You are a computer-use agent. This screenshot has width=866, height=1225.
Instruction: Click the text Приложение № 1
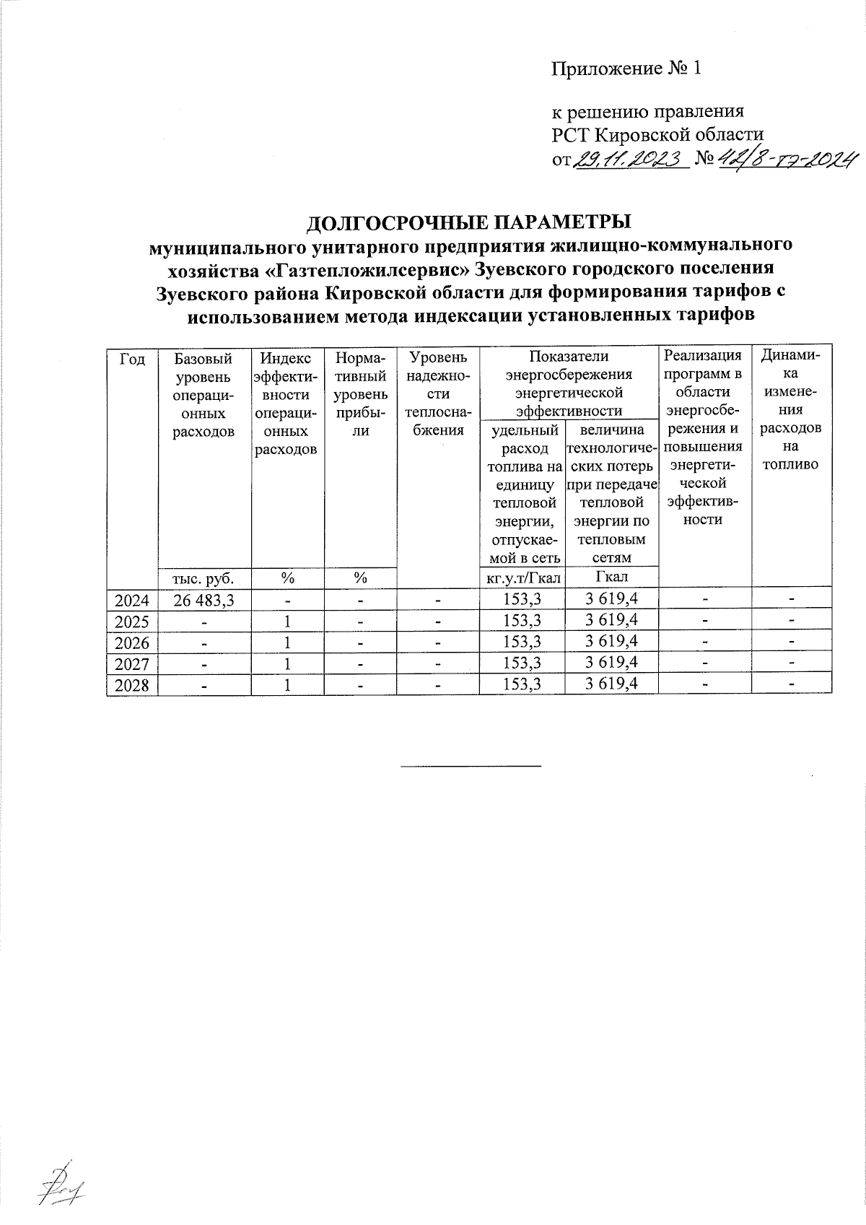(x=626, y=69)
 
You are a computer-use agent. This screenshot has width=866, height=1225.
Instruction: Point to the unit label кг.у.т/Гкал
(x=522, y=577)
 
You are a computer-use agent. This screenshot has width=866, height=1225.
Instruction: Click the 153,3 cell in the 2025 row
(x=522, y=620)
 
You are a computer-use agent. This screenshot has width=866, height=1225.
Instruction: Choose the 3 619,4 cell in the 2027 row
(x=612, y=663)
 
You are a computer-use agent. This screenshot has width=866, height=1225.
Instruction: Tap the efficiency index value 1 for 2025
(x=287, y=620)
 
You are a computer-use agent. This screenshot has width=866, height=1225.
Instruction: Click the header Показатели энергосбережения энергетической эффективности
(x=569, y=383)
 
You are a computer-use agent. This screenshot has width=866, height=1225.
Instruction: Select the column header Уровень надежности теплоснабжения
(x=438, y=393)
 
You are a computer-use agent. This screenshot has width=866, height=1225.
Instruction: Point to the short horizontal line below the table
(x=470, y=764)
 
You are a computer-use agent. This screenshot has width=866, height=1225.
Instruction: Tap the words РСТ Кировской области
(x=657, y=134)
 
